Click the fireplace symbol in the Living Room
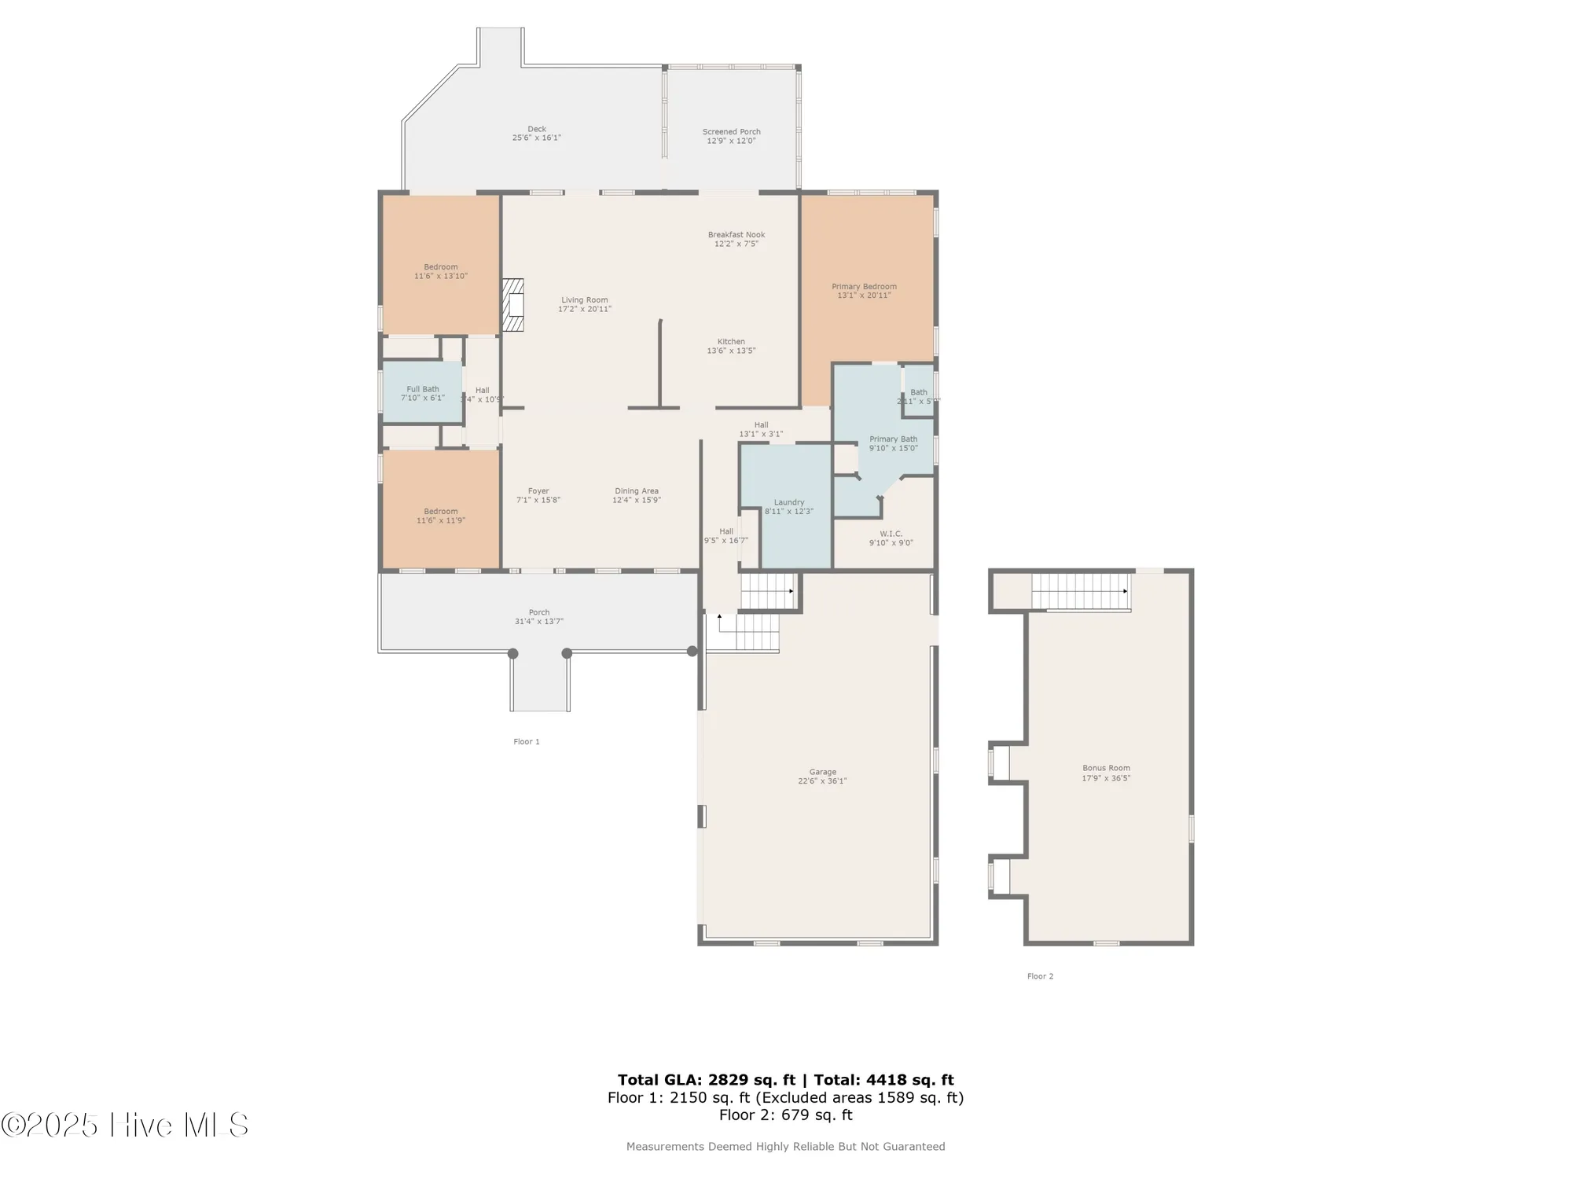tap(513, 305)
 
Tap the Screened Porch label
tap(731, 132)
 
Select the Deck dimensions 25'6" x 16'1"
tap(537, 138)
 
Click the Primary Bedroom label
tap(864, 287)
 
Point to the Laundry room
tap(788, 507)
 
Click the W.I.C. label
tap(891, 534)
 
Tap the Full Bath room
tap(423, 393)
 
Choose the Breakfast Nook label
tap(736, 235)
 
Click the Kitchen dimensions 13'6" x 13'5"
tap(731, 351)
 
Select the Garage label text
tap(822, 772)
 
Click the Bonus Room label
tap(1106, 769)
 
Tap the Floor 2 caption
tap(1040, 976)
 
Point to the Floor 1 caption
tap(526, 742)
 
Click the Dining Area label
tap(637, 491)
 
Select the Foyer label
tap(538, 491)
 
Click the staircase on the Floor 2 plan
tap(1081, 591)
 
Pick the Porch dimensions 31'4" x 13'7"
tap(539, 622)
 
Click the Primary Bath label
tap(893, 439)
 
